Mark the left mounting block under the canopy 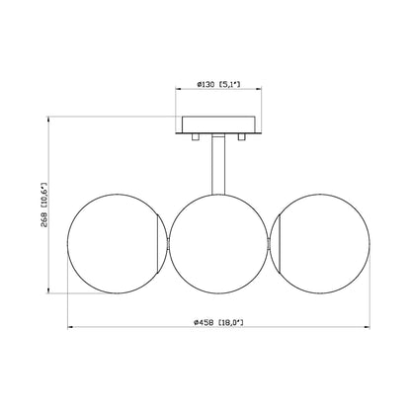[x=196, y=135]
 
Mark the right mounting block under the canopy [x=239, y=135]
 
